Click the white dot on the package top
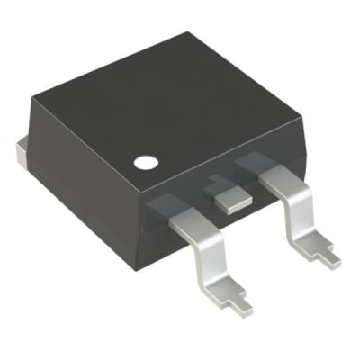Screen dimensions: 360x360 point(145,164)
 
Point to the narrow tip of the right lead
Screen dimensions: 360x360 point(328,258)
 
